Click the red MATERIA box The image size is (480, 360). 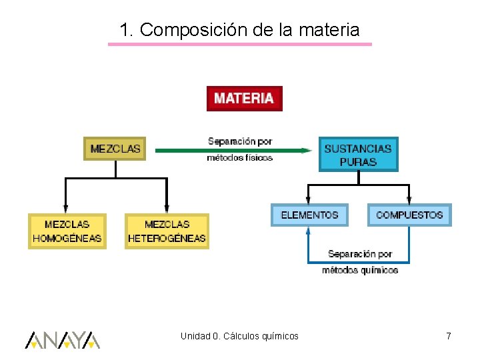point(244,99)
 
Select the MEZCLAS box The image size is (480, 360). point(115,149)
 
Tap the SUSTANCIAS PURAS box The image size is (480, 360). point(358,155)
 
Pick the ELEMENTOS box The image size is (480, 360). point(309,215)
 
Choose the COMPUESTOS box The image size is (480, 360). point(409,215)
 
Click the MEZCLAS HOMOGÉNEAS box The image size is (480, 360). point(67,231)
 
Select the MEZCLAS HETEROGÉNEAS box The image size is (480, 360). point(167,231)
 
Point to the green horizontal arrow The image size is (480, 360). point(233,151)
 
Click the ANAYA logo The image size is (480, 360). point(63,340)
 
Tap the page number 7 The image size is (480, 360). point(449,337)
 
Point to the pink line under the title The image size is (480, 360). point(240,45)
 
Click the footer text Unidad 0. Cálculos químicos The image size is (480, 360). point(239,336)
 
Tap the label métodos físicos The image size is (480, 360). point(240,158)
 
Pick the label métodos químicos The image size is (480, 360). point(360,270)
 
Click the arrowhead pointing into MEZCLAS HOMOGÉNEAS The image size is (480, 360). point(65,208)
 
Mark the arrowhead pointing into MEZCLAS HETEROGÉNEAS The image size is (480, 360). point(167,208)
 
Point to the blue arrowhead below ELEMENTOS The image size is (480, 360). point(308,231)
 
